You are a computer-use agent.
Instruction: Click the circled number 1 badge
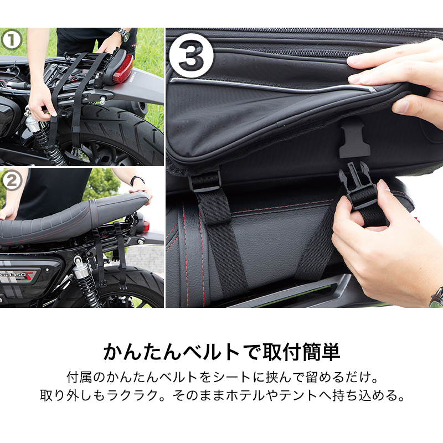coord(12,40)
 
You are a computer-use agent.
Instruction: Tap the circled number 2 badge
coord(12,181)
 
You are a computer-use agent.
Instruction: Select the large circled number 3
coord(192,56)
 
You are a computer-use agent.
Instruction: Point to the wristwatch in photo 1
coord(123,34)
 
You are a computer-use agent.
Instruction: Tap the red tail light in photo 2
coord(146,226)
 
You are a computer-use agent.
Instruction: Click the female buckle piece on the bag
coord(354,141)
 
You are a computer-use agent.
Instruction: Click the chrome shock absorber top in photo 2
coord(81,271)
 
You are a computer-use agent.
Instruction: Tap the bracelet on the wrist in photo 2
coord(137,179)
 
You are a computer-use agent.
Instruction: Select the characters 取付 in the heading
coord(282,352)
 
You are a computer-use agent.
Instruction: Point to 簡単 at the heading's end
coord(321,352)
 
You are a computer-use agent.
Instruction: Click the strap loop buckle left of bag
coord(204,181)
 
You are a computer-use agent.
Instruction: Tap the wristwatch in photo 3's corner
coord(436,298)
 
